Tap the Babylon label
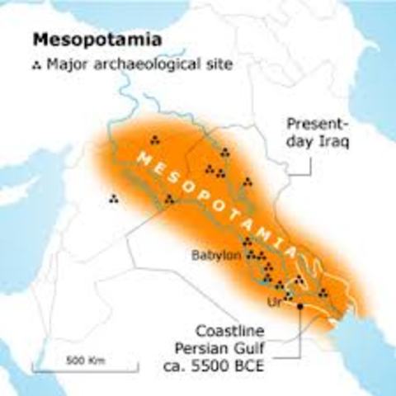point(214,255)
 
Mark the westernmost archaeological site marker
point(113,198)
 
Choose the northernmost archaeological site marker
point(154,138)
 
